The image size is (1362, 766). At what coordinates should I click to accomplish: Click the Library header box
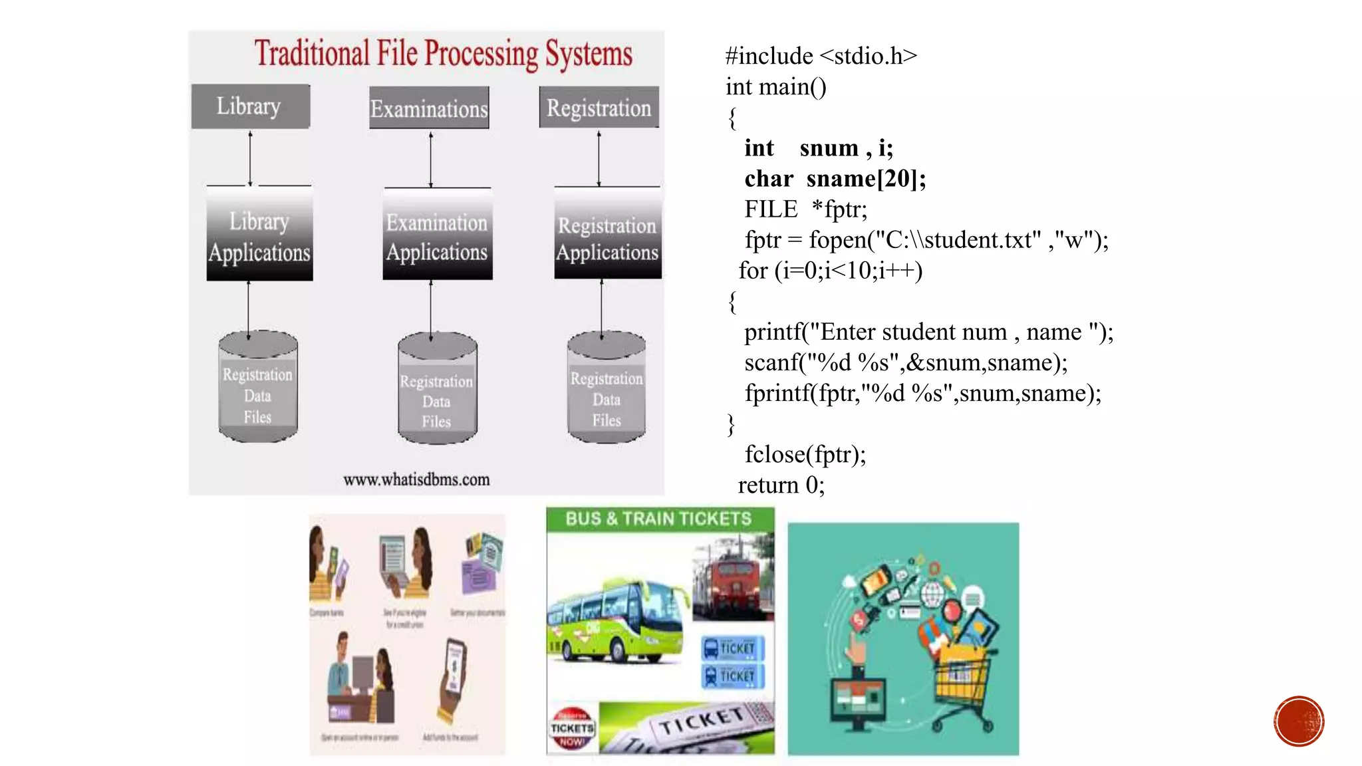[250, 106]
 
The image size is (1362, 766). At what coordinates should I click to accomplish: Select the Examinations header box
[429, 108]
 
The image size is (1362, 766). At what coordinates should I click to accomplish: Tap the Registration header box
[599, 107]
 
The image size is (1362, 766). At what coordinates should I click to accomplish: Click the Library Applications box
[259, 236]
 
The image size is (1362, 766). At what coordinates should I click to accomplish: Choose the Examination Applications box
[437, 236]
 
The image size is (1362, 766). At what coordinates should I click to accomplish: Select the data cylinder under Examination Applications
[436, 388]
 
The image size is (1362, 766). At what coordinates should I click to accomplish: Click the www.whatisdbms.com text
[416, 479]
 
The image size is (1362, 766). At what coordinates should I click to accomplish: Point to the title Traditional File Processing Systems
[443, 53]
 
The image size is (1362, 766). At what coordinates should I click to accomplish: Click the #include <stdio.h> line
[821, 56]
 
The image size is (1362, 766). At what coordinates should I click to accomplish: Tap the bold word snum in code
[829, 148]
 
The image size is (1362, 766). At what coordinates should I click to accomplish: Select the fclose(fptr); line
[805, 454]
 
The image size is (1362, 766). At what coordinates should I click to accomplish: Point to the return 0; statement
[781, 485]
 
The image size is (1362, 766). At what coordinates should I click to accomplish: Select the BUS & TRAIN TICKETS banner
[660, 519]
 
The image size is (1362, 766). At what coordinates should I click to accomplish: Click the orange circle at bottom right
[1298, 721]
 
